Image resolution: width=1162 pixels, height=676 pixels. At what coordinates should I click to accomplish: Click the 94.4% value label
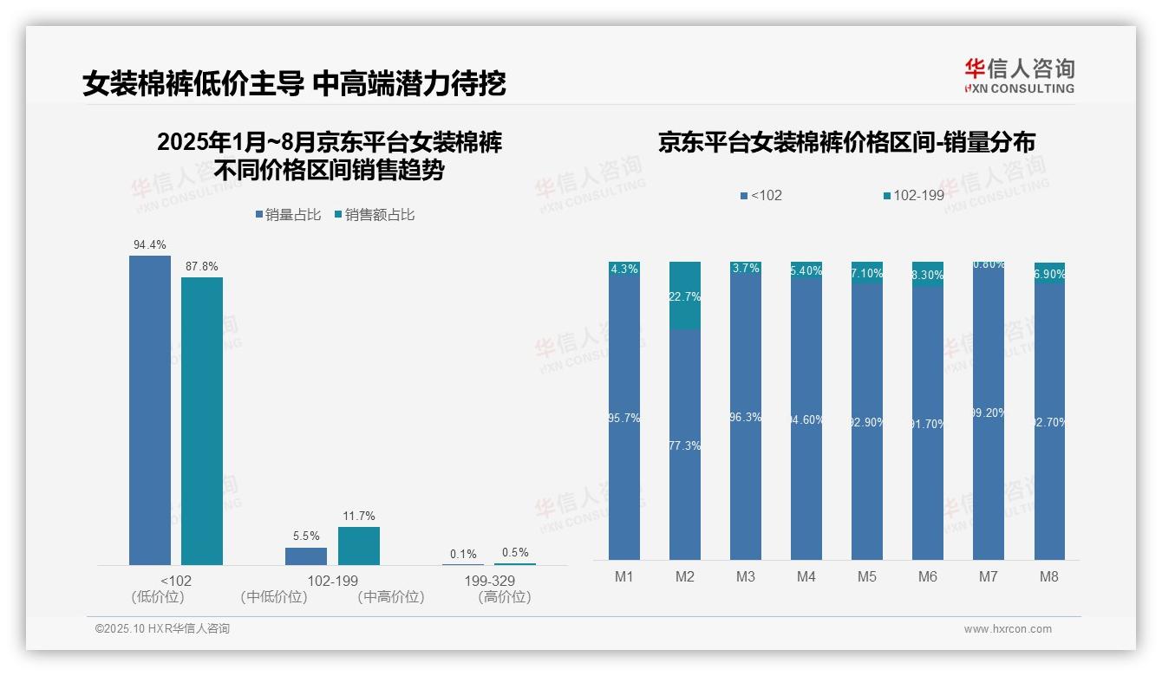click(149, 245)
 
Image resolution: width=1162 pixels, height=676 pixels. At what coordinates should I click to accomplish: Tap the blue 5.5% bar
click(306, 556)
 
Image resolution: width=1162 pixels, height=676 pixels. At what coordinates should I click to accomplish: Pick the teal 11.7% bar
click(359, 546)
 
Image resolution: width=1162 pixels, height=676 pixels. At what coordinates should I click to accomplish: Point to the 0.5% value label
click(515, 553)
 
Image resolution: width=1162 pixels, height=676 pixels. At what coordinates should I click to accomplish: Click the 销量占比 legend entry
click(289, 215)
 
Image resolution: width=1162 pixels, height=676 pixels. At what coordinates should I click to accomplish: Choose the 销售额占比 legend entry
click(375, 215)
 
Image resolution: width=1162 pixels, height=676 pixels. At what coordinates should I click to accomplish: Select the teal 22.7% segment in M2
click(685, 296)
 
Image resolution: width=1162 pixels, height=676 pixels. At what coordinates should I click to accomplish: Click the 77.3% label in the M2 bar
click(685, 445)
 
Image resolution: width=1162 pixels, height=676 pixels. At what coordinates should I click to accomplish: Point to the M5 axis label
click(867, 577)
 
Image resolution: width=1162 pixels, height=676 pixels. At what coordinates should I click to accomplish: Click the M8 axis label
click(1049, 577)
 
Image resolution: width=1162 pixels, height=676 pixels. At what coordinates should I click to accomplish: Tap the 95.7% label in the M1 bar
click(624, 418)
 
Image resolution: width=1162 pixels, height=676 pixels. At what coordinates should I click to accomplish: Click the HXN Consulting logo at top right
click(1019, 76)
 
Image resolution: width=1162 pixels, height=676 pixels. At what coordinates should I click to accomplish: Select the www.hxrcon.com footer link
click(1008, 629)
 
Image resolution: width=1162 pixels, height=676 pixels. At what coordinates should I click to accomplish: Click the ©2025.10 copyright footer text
click(162, 629)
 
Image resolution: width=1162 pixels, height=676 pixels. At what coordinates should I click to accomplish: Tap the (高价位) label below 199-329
click(504, 597)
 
